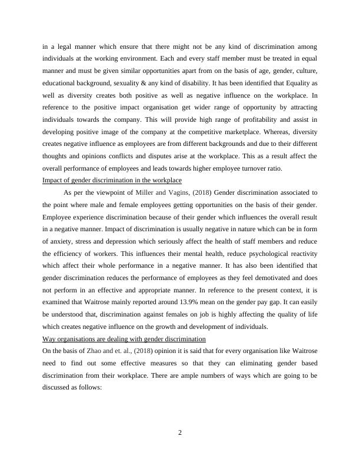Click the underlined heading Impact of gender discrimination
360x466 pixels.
point(112,179)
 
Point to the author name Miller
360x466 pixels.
point(146,192)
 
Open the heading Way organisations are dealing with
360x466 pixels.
point(124,339)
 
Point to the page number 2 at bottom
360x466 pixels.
point(180,434)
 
